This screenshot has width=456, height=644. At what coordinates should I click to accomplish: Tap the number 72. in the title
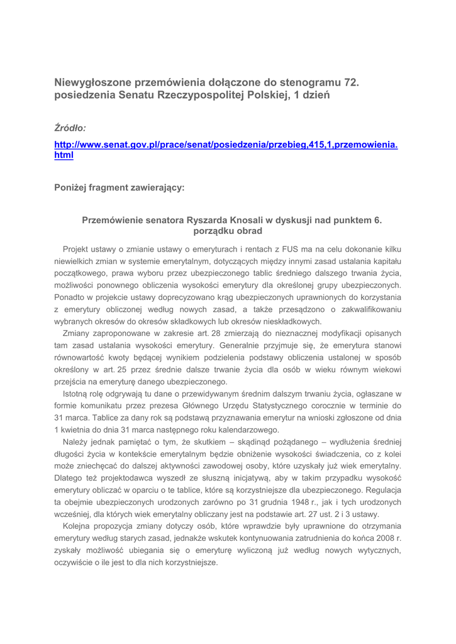[x=357, y=82]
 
